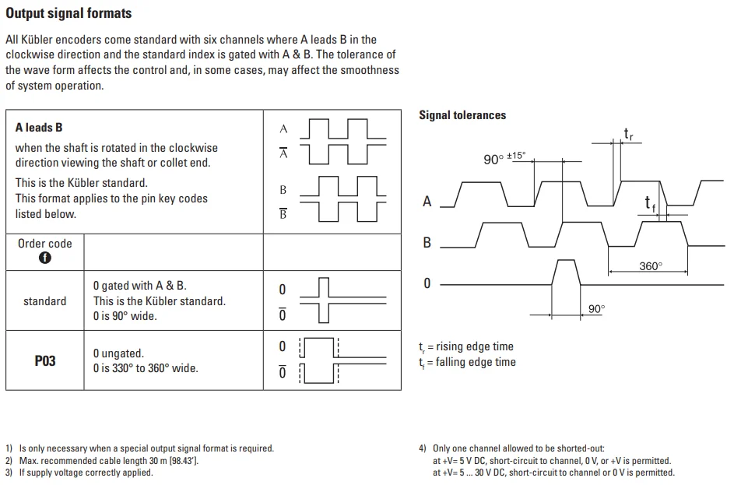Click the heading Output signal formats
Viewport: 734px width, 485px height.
pos(68,13)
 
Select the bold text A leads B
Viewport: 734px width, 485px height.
pos(39,128)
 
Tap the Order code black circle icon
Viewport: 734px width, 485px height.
pos(44,258)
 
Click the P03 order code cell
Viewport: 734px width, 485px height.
pos(45,360)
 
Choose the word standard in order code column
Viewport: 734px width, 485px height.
pos(44,301)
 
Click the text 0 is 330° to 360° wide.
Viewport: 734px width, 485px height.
pos(146,368)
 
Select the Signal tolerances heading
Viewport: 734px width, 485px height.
pos(462,115)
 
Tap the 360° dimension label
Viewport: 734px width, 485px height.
pos(650,266)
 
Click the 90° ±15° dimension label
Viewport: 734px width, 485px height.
pos(504,158)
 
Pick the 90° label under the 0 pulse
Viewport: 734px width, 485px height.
pos(596,309)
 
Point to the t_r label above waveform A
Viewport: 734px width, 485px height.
pos(628,135)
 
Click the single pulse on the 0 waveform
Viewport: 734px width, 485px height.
pos(565,272)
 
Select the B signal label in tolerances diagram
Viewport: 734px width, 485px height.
pos(427,243)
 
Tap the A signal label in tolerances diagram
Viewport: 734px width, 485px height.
pos(427,202)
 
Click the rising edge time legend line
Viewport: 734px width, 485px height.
pos(466,346)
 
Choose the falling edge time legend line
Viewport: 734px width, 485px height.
pos(467,362)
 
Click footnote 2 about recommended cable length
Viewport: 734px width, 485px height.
pos(102,461)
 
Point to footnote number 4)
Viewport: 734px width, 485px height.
pos(423,448)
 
